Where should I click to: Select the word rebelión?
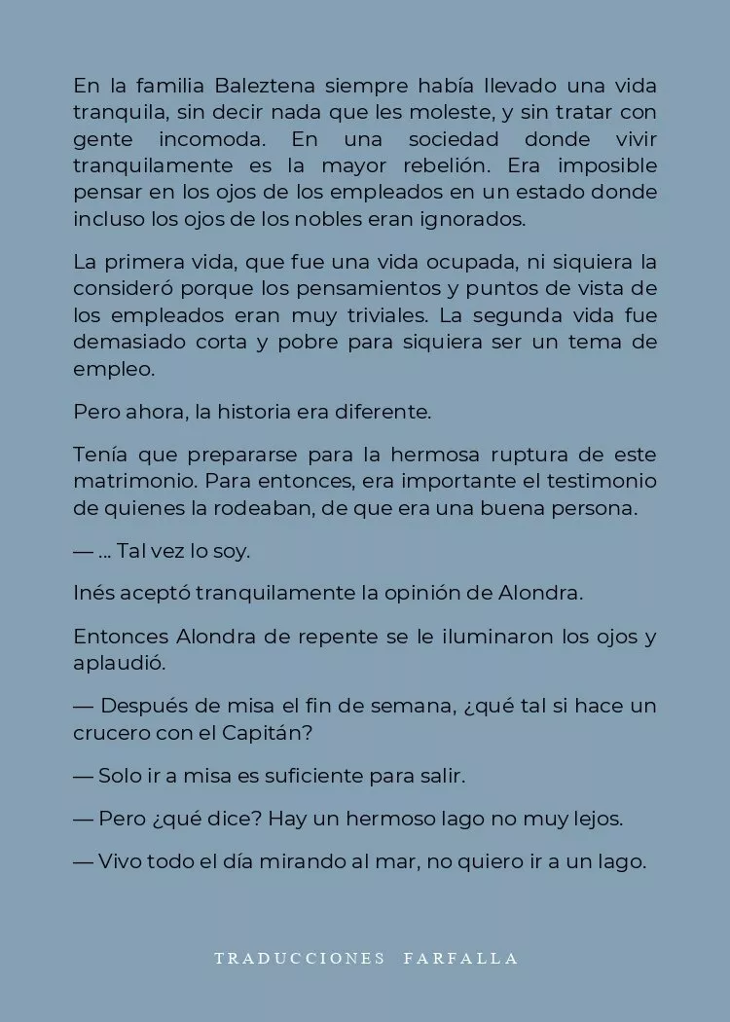click(512, 165)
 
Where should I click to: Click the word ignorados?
click(475, 219)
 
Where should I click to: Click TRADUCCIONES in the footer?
click(300, 959)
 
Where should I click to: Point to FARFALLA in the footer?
click(461, 959)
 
